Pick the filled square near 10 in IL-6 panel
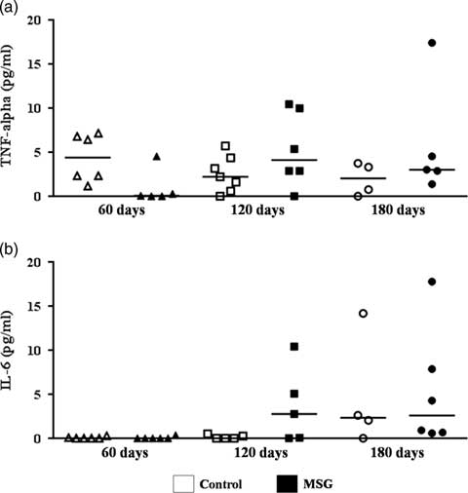tap(293, 347)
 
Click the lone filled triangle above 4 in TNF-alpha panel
tap(156, 157)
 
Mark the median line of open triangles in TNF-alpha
tap(88, 158)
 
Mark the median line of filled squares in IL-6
tap(292, 414)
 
